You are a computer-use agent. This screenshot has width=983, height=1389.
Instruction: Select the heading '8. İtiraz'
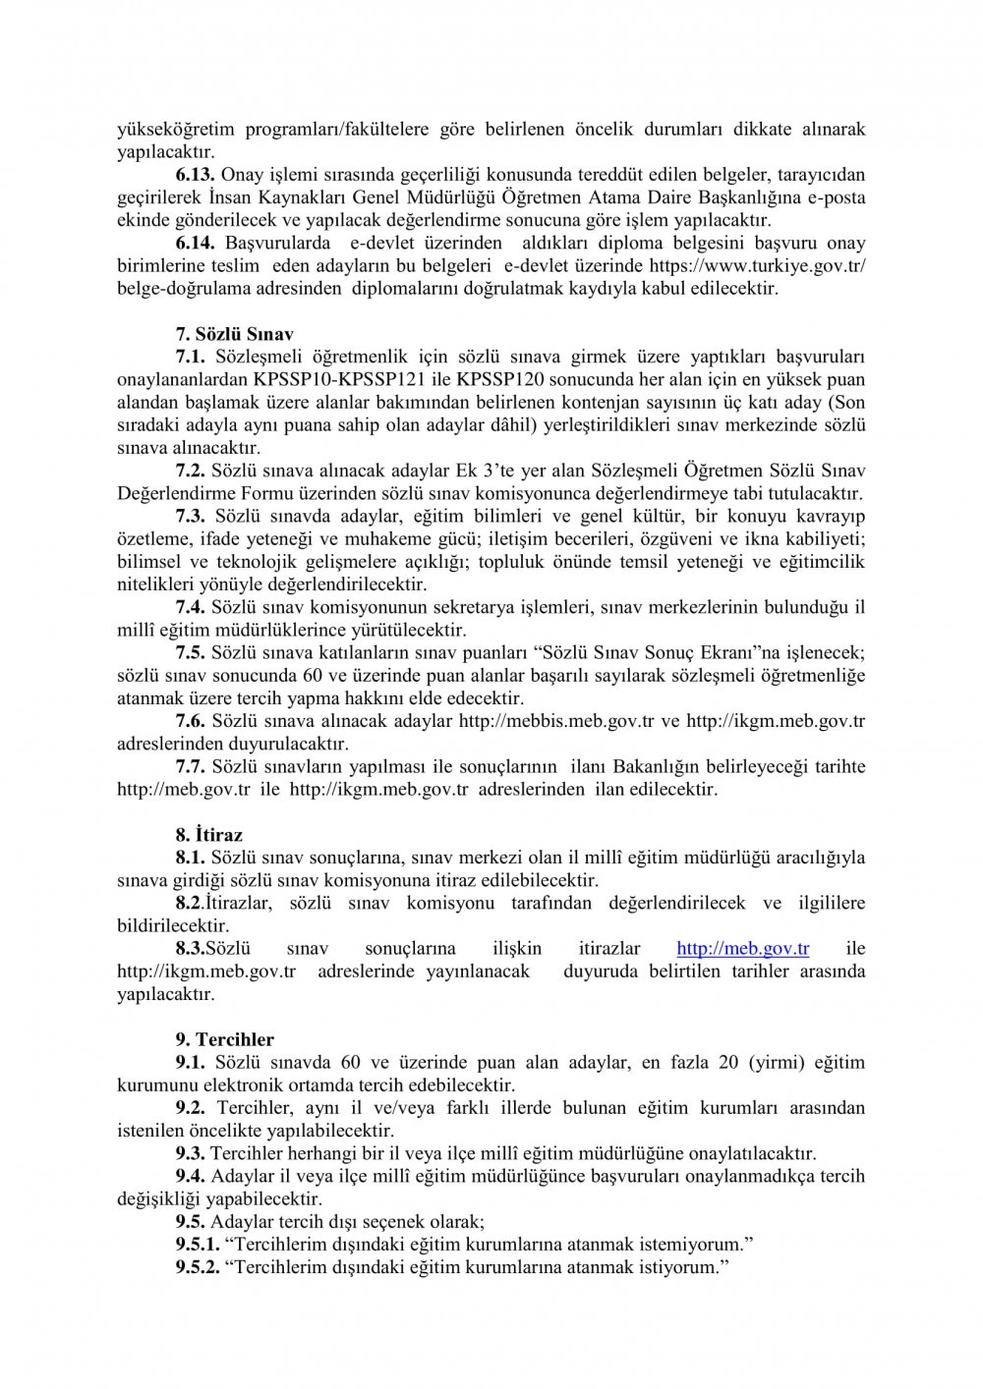pos(209,835)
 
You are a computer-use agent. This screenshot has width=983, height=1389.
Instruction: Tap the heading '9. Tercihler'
pos(225,1039)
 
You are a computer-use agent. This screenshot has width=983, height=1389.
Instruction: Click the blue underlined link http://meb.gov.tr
pos(743,949)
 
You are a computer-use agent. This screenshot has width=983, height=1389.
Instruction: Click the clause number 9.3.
pos(191,1153)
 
